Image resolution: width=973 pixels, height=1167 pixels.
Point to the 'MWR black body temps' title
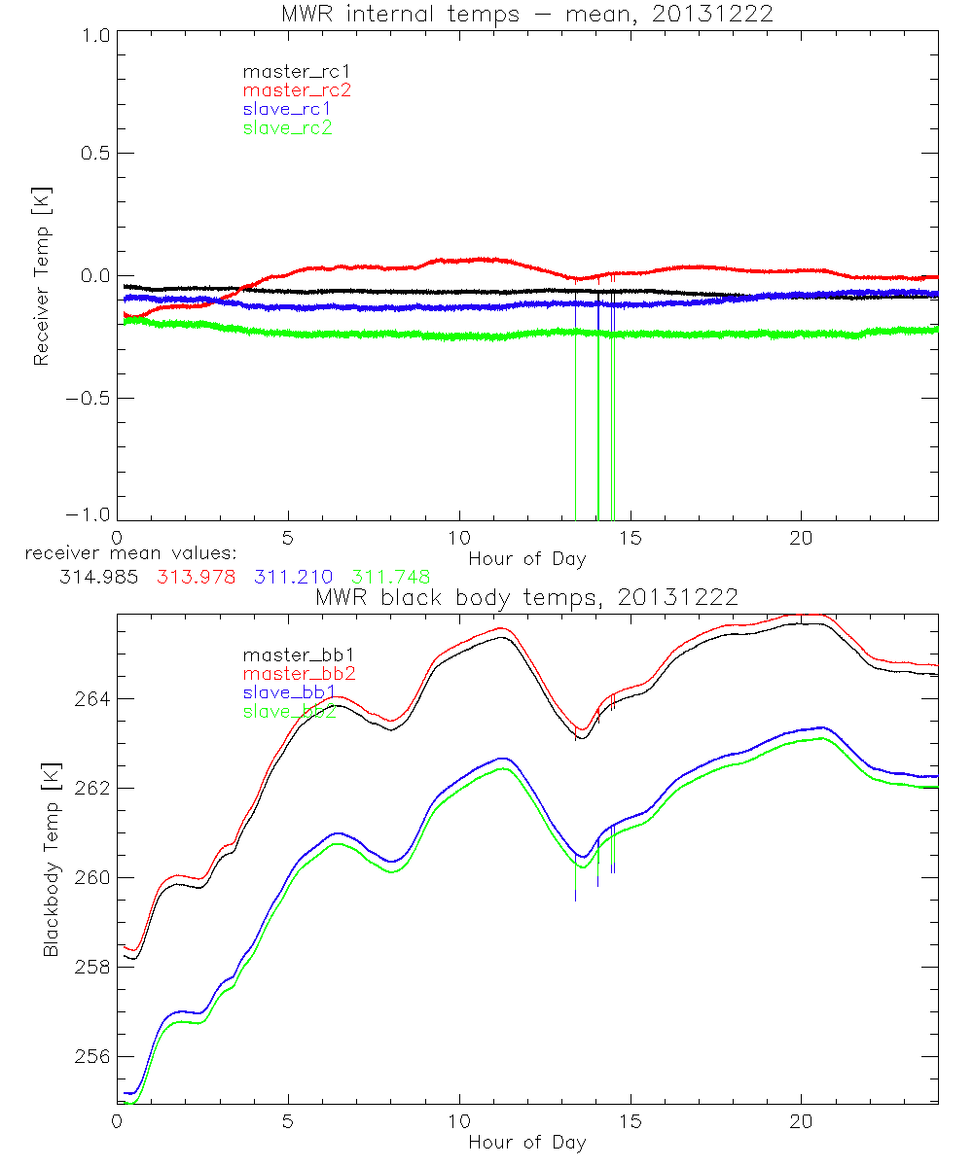[526, 596]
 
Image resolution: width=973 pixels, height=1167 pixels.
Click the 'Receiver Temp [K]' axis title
[42, 274]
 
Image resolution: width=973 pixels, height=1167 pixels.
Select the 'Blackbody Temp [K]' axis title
[50, 860]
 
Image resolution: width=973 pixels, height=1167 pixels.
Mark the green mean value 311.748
[392, 577]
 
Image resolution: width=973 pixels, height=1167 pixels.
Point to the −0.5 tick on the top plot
[89, 399]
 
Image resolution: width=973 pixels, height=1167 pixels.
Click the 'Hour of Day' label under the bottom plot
[526, 1142]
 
